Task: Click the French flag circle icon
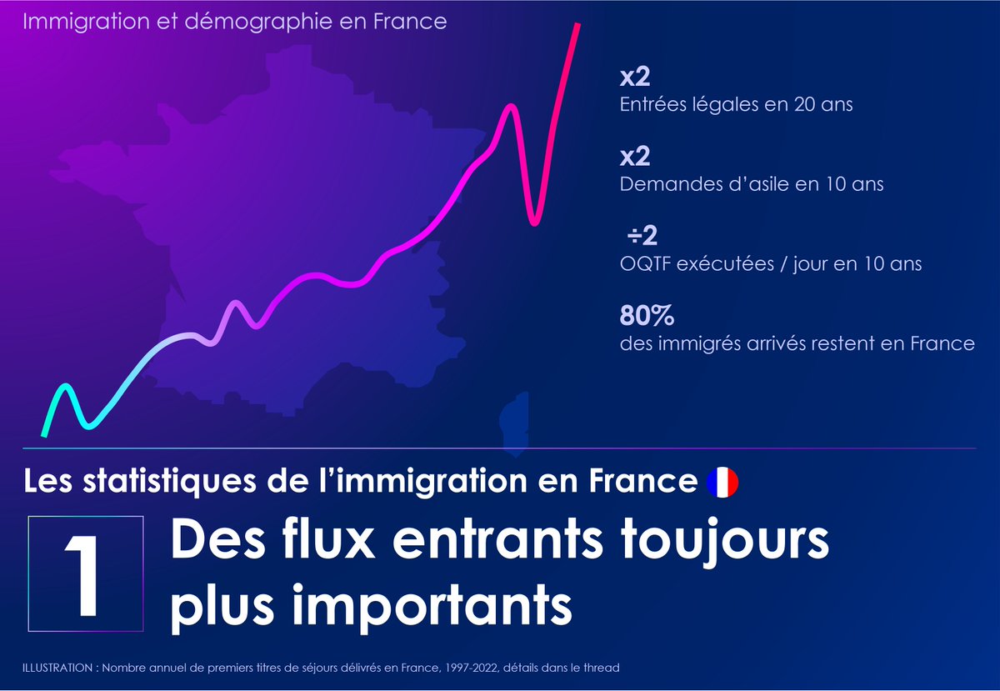pyautogui.click(x=722, y=482)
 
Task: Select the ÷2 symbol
pyautogui.click(x=642, y=237)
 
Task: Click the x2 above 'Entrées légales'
pyautogui.click(x=634, y=78)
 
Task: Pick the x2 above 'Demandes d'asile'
pyautogui.click(x=634, y=158)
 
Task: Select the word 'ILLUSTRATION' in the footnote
pyautogui.click(x=56, y=668)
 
